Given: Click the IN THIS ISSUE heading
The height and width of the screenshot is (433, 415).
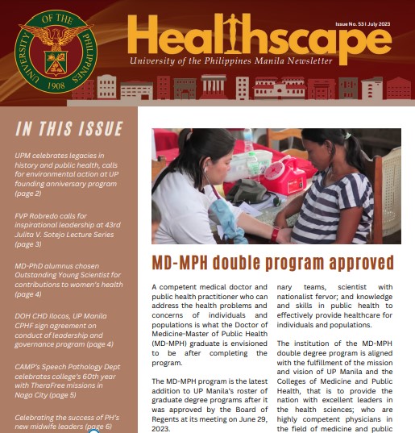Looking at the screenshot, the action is (69, 129).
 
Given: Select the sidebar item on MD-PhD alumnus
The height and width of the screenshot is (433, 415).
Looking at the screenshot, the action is (68, 279).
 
